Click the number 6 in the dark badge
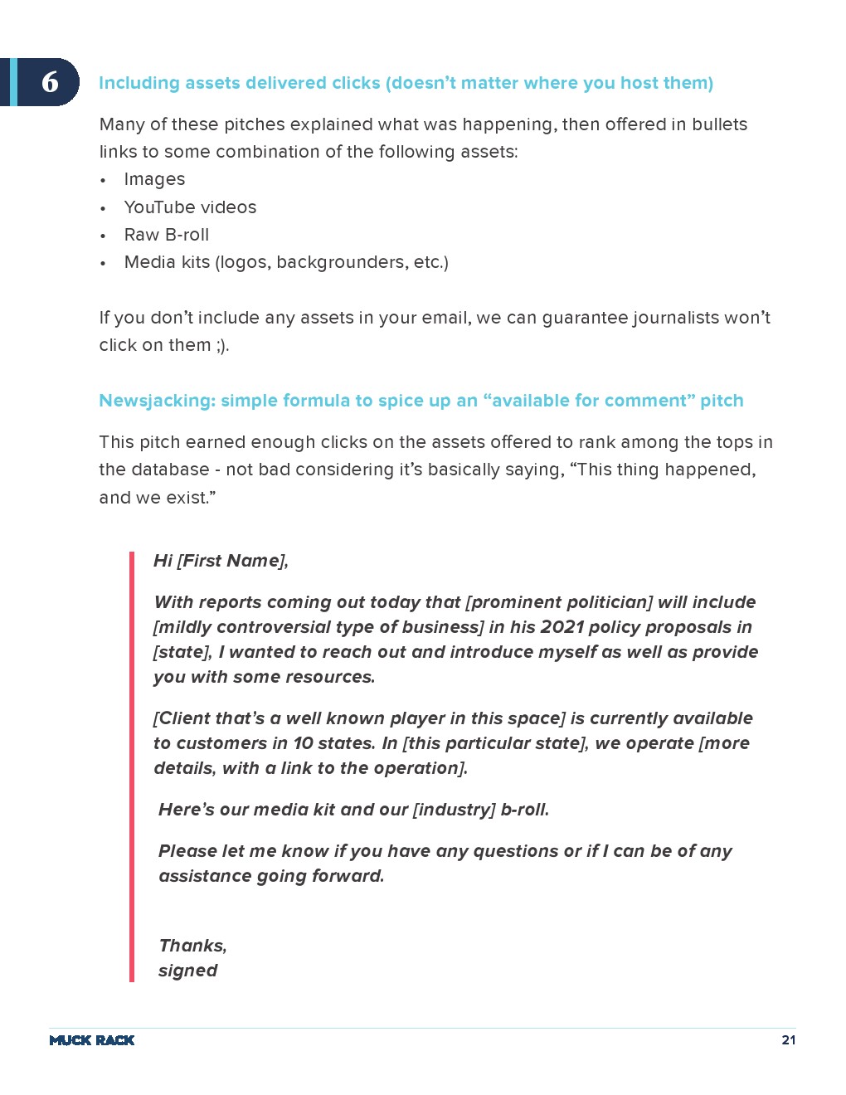point(51,81)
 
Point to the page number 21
point(788,1040)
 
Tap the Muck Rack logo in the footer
point(91,1040)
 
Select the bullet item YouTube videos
point(190,207)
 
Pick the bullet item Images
point(154,179)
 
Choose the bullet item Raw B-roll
point(166,235)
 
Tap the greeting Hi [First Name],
point(221,561)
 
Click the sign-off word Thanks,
point(192,946)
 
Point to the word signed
point(187,971)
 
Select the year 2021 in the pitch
point(562,627)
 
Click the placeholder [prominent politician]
point(559,602)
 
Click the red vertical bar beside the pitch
point(131,766)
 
